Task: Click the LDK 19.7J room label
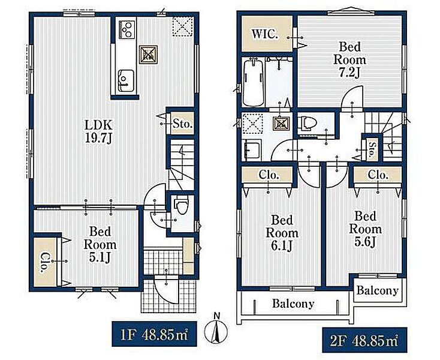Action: [x=99, y=131]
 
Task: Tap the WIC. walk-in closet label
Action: [x=265, y=34]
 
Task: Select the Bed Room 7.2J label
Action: [x=349, y=59]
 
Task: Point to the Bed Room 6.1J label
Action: [x=282, y=233]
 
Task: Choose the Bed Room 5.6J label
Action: [x=365, y=229]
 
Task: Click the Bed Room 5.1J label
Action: [x=100, y=245]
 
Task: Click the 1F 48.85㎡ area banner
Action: [x=154, y=334]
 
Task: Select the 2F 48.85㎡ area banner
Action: [x=364, y=340]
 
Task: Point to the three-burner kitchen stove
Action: [x=128, y=29]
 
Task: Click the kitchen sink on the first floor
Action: [x=125, y=80]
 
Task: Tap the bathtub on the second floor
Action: [x=253, y=83]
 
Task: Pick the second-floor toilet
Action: [x=307, y=123]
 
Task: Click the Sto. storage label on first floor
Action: [x=182, y=124]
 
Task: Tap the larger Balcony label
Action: [x=293, y=304]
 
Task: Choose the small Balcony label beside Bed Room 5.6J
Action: [x=378, y=290]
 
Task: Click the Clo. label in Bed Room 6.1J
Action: [x=269, y=175]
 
